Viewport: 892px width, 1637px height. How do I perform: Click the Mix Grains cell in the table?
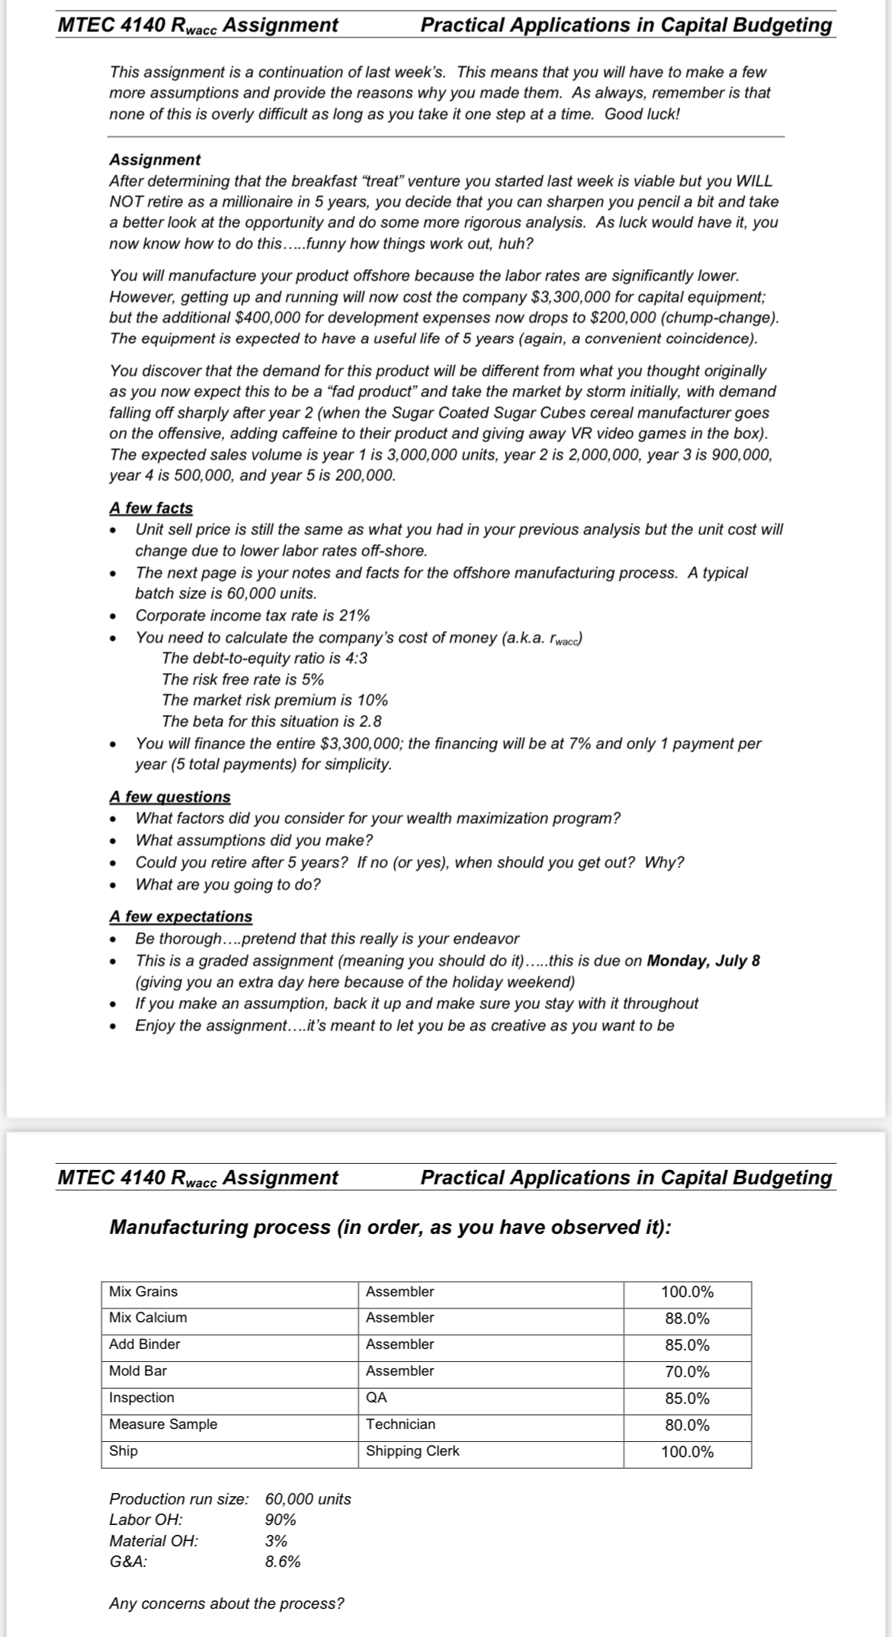[143, 1291]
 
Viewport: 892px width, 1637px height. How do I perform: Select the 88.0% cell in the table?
[687, 1318]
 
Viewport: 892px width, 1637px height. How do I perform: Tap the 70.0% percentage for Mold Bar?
[687, 1372]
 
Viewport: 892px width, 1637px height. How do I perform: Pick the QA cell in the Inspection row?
[377, 1398]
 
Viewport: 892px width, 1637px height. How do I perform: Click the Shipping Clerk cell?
[412, 1451]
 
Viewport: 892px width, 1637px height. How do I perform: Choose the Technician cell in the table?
[400, 1424]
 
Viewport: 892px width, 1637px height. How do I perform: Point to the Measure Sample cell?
[163, 1424]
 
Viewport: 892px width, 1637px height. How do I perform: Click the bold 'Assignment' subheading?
[155, 159]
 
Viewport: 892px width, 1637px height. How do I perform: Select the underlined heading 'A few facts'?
[151, 508]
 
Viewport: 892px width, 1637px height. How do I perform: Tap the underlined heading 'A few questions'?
[169, 796]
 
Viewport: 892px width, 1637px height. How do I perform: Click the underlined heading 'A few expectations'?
[181, 916]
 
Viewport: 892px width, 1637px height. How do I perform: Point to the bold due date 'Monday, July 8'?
[703, 960]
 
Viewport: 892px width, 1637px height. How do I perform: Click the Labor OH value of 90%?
[280, 1520]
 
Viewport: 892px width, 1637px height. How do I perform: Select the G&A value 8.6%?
[282, 1562]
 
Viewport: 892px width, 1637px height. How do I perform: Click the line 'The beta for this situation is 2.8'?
[271, 721]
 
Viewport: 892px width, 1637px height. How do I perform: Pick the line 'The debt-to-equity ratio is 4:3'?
[265, 658]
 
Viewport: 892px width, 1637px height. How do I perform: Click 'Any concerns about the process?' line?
[226, 1603]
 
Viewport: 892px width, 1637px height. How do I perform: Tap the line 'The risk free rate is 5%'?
[242, 679]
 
